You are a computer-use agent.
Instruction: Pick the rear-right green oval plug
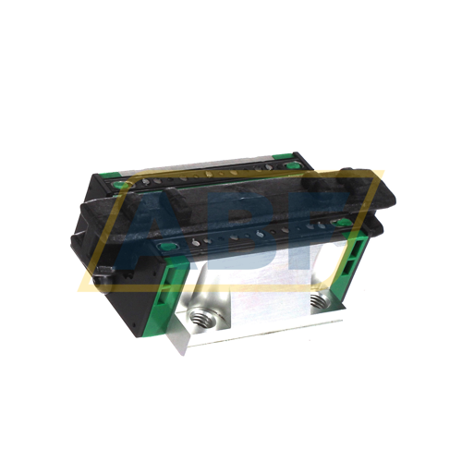click(x=295, y=166)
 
